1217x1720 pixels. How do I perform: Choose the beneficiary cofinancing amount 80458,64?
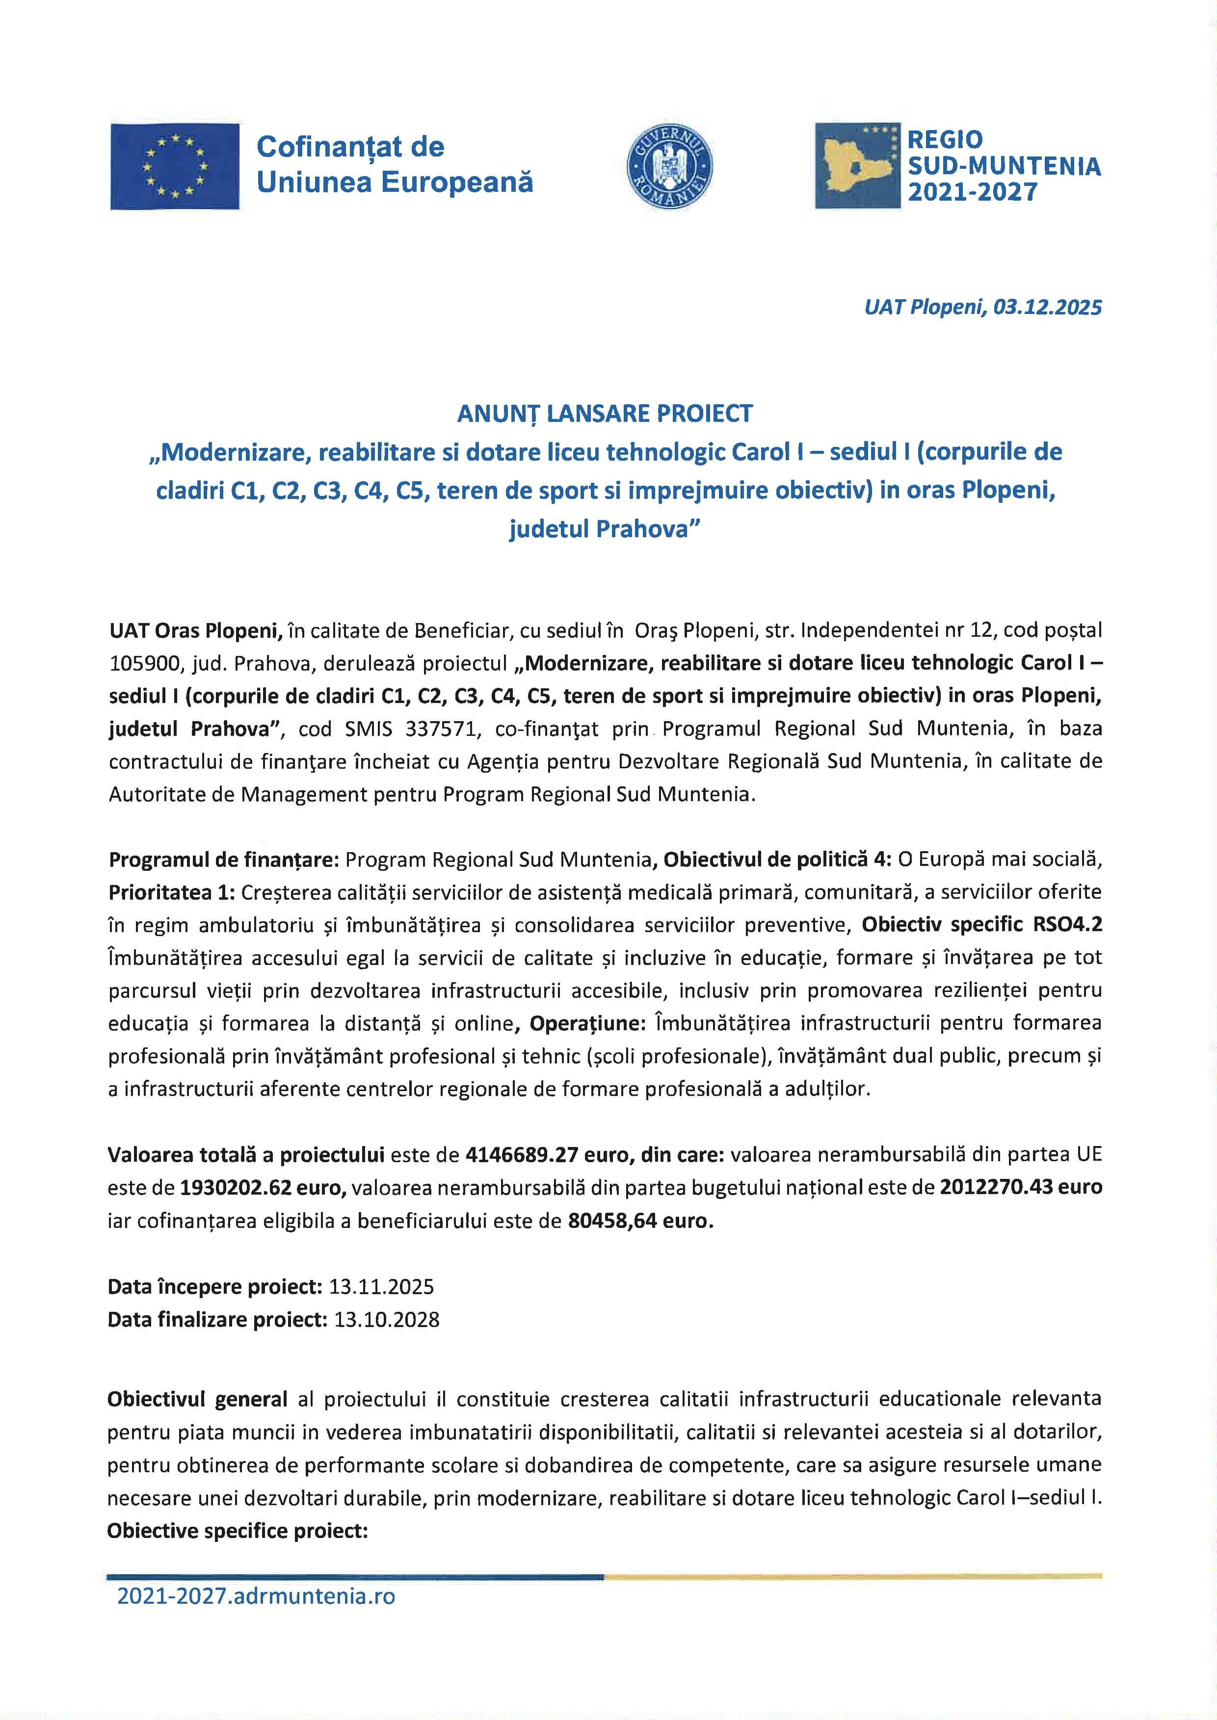point(611,1221)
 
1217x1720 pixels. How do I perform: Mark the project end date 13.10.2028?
point(387,1320)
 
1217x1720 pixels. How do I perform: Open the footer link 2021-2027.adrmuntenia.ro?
point(256,1596)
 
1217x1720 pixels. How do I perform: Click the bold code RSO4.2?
point(1067,924)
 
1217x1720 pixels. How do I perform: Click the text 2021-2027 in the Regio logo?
point(973,192)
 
